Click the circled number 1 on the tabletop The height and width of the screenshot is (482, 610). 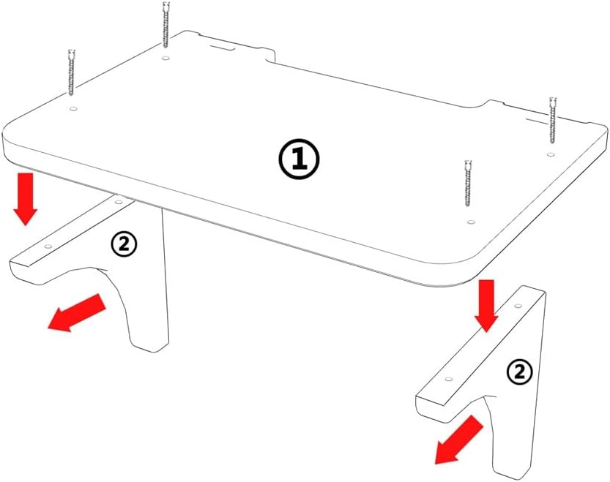tap(299, 159)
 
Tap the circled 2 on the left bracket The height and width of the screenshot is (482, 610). tap(124, 245)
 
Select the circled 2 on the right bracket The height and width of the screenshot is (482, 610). tap(519, 373)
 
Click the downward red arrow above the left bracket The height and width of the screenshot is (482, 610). tap(26, 199)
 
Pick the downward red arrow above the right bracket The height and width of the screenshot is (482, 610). tap(486, 306)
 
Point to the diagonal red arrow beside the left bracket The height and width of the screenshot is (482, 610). tap(76, 313)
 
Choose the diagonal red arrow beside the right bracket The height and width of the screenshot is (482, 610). tap(458, 440)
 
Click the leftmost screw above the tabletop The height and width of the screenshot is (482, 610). tap(71, 72)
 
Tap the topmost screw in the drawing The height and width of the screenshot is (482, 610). tap(166, 24)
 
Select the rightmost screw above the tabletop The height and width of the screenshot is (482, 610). tap(553, 120)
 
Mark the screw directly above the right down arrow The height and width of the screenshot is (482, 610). tap(469, 184)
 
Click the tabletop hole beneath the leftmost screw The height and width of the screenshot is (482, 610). tap(72, 109)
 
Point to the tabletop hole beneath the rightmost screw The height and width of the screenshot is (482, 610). tap(550, 155)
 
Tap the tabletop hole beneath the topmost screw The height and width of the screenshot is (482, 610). tap(166, 59)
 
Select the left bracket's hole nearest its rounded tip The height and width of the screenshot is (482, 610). tap(48, 246)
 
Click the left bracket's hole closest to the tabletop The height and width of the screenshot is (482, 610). tap(119, 202)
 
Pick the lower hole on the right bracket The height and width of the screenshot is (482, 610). tap(449, 379)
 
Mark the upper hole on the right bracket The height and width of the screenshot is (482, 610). tap(518, 306)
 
